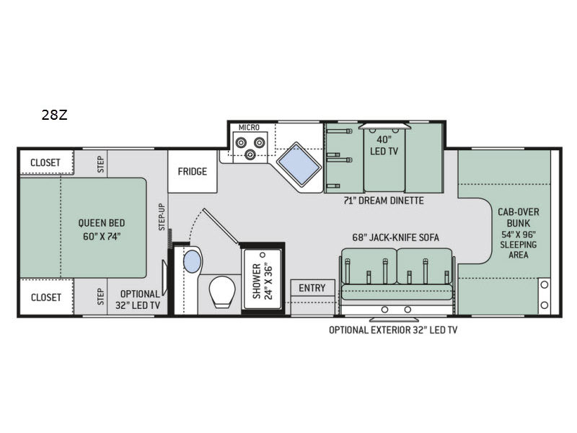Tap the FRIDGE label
(193, 172)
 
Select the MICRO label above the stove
(249, 128)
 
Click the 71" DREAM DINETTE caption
(384, 200)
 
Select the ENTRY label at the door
(312, 288)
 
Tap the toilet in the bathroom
(221, 292)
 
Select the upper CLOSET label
(45, 162)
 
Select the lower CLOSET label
(45, 297)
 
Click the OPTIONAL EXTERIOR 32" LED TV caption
(392, 330)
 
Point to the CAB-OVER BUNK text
(518, 217)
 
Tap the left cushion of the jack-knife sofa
(368, 267)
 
